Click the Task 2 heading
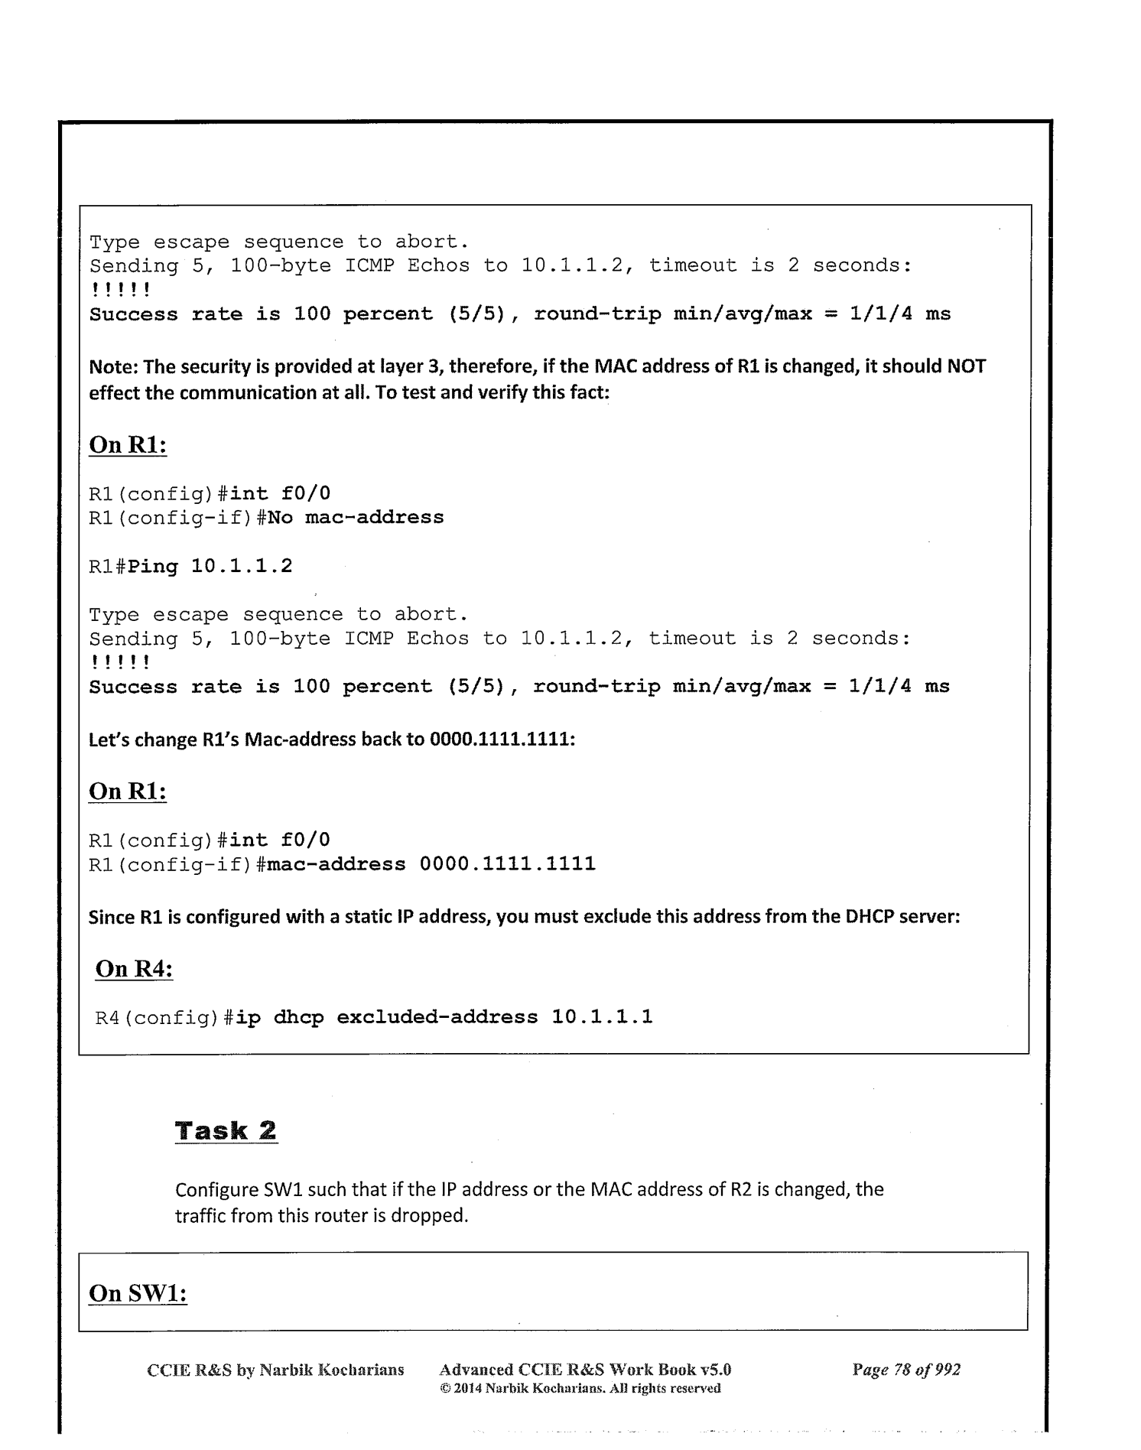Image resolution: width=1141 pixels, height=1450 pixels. pos(226,1130)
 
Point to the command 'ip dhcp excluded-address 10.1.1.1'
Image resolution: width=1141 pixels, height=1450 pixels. pos(444,1017)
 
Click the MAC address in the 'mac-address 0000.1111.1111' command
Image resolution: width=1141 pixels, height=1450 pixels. pos(507,864)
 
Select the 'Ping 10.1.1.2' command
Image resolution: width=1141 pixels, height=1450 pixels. pos(210,567)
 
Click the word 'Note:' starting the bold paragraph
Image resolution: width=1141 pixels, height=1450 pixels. pos(113,366)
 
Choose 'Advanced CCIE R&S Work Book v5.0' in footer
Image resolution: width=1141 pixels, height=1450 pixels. pos(586,1370)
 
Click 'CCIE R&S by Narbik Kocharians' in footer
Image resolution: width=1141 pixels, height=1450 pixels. pos(275,1370)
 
